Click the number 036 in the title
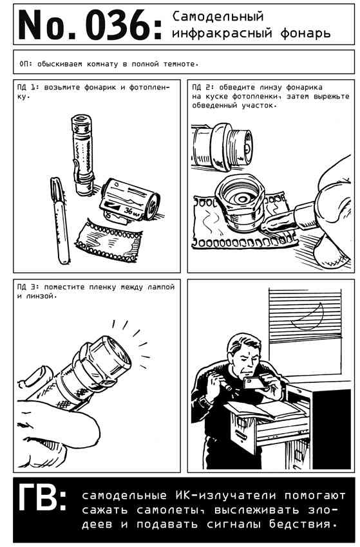[119, 24]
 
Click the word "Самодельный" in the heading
[218, 17]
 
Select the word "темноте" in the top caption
[180, 64]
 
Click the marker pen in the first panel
[59, 220]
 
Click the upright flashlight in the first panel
[83, 154]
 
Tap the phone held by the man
[254, 383]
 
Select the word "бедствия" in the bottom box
[303, 524]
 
